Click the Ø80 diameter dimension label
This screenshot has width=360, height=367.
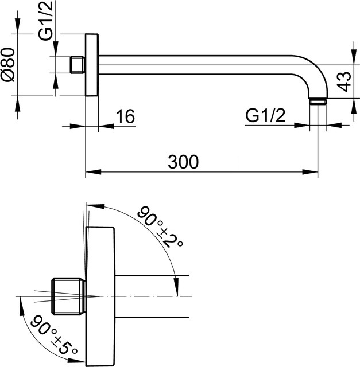9,65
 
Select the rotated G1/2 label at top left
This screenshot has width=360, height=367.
46,21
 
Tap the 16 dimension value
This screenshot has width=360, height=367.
126,116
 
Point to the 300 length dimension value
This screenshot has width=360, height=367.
183,162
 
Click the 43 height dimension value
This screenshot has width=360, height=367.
344,81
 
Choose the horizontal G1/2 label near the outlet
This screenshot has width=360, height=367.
265,115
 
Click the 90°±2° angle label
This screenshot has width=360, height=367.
160,227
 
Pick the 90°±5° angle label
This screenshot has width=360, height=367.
54,335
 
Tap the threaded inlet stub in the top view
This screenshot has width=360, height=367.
78,65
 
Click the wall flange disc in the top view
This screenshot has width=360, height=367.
92,65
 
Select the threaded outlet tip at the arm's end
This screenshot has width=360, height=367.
318,101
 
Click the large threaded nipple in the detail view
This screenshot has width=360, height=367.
68,296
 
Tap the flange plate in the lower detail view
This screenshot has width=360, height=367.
100,296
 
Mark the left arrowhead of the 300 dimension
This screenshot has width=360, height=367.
93,172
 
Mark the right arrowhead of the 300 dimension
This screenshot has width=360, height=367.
310,172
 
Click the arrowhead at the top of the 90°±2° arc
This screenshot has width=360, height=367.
95,206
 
